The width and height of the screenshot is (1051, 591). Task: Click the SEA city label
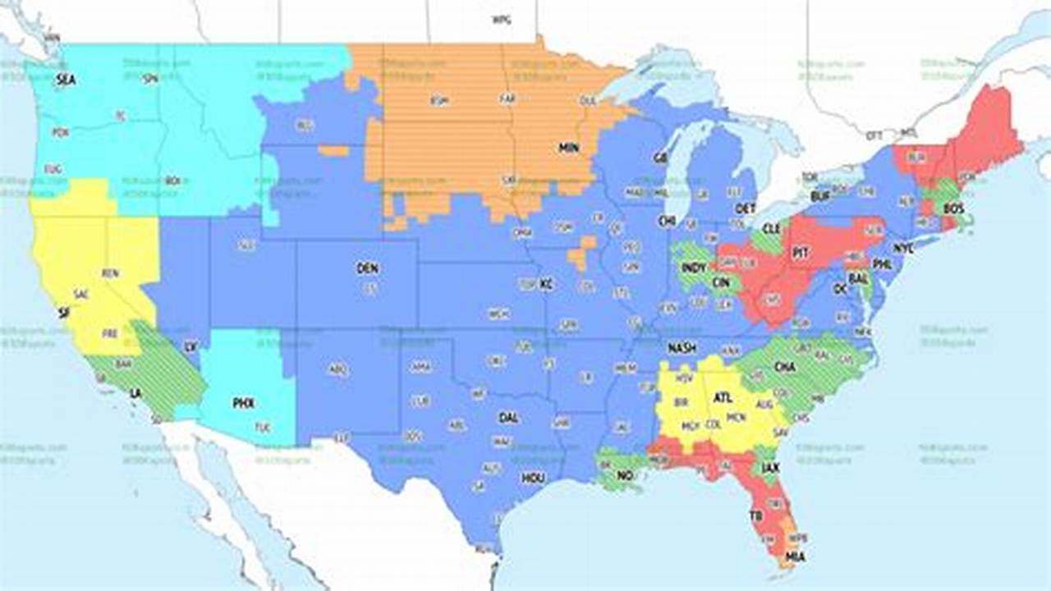pos(65,80)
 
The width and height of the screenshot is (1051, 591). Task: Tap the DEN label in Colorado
pos(367,268)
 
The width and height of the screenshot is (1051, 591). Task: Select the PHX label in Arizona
pos(243,403)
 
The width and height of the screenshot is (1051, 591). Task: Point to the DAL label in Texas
pos(508,418)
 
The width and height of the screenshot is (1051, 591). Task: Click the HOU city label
pos(532,478)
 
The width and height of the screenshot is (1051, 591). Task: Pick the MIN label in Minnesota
pos(568,149)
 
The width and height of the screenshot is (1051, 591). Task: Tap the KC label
pos(546,285)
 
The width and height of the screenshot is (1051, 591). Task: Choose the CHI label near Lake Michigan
pos(665,221)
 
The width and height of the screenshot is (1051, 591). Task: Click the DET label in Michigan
pos(746,208)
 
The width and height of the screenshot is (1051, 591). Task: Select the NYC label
pos(903,247)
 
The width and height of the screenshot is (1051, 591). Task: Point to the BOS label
pos(953,209)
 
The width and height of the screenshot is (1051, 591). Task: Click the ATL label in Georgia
pos(723,397)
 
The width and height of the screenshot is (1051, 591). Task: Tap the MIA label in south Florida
pos(795,557)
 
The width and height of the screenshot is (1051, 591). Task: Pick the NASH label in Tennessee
pos(682,347)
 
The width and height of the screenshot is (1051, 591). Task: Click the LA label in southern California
pos(135,393)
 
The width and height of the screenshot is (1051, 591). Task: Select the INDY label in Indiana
pos(693,268)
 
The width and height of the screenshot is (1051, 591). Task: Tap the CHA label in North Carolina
pos(784,367)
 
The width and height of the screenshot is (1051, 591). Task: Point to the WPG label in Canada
pos(501,19)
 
